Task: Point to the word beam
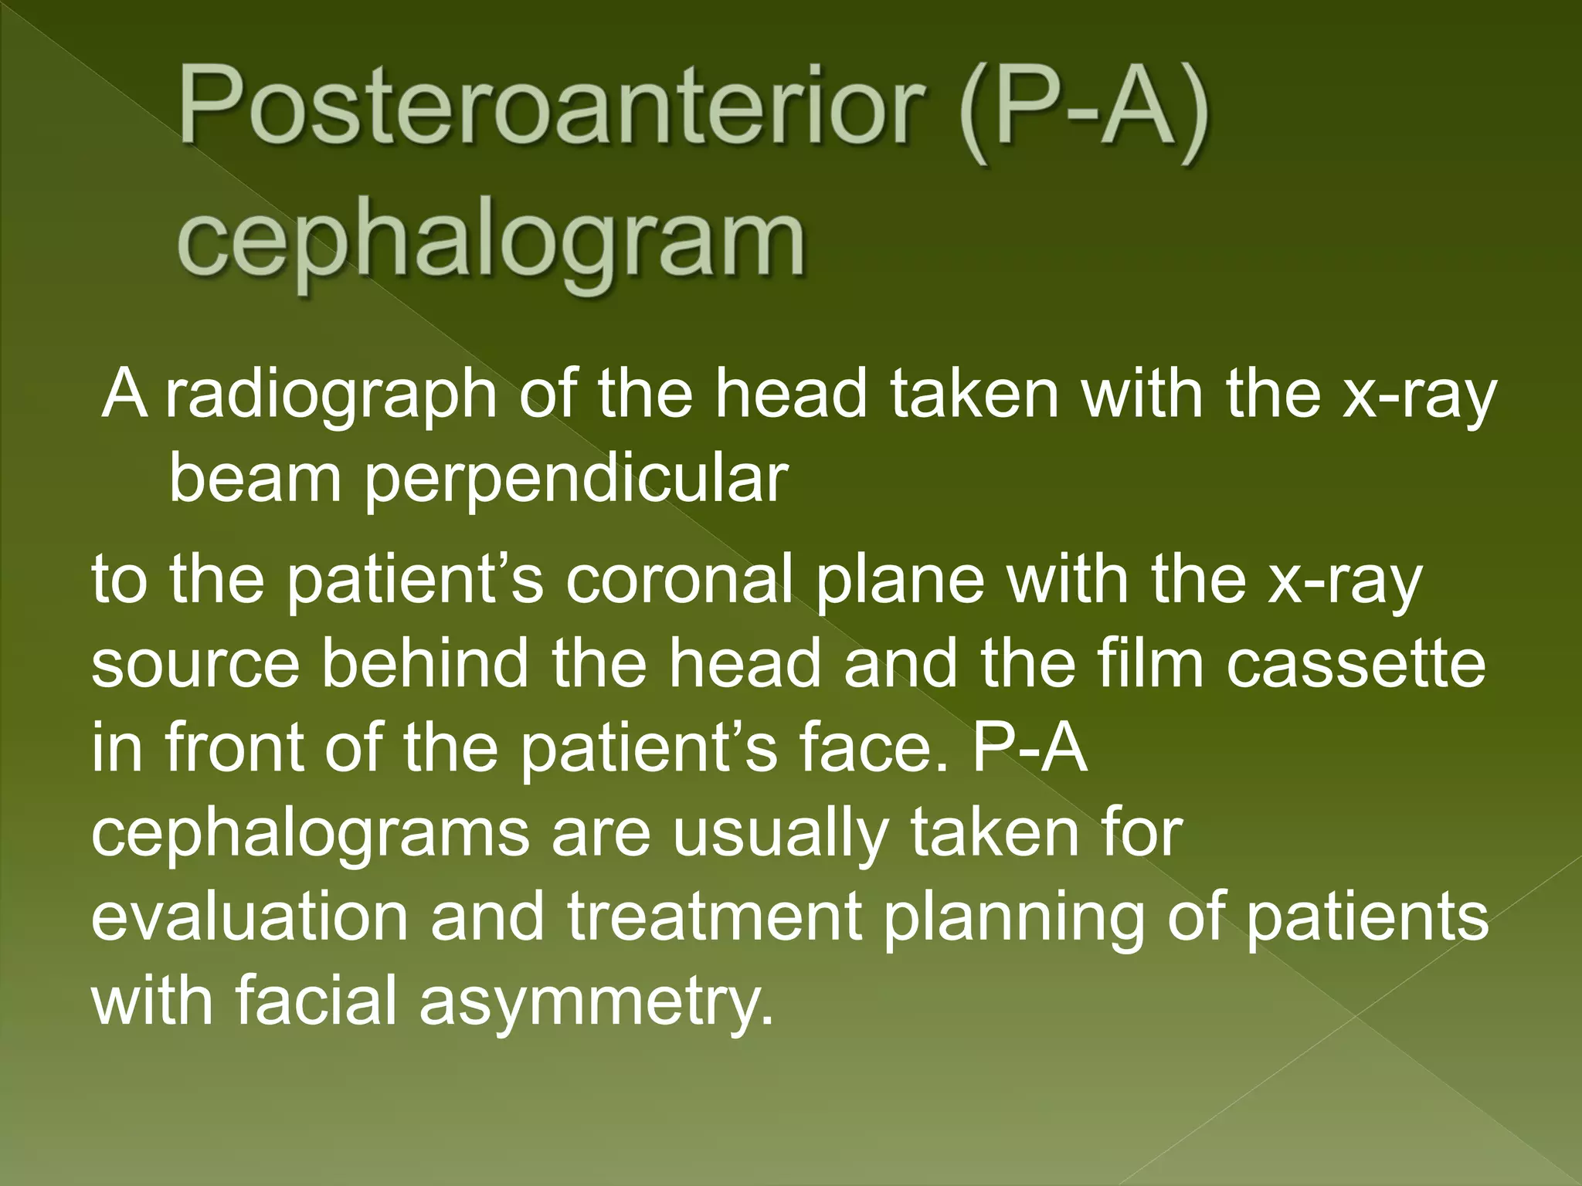click(255, 479)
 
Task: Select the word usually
click(781, 834)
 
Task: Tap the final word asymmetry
click(595, 1004)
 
